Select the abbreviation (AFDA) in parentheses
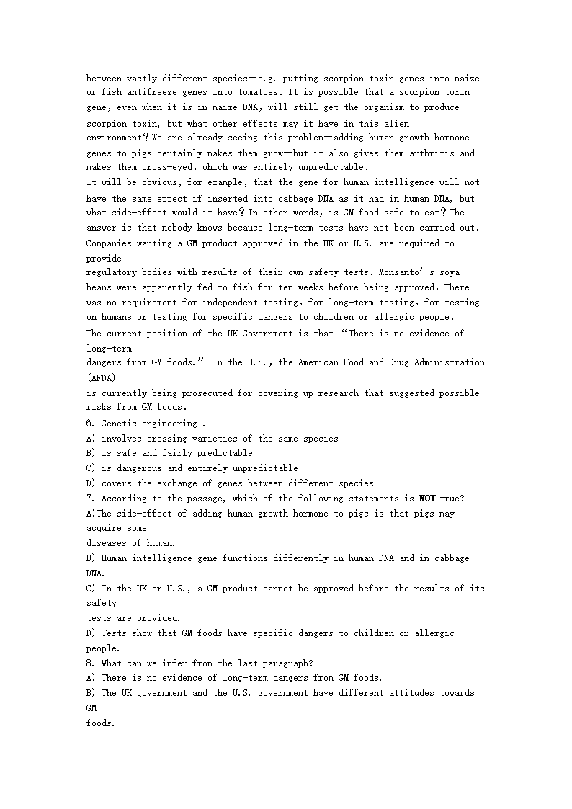click(x=101, y=377)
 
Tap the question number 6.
click(x=91, y=424)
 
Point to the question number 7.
click(x=91, y=499)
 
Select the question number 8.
click(x=91, y=663)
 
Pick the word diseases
click(x=110, y=543)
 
